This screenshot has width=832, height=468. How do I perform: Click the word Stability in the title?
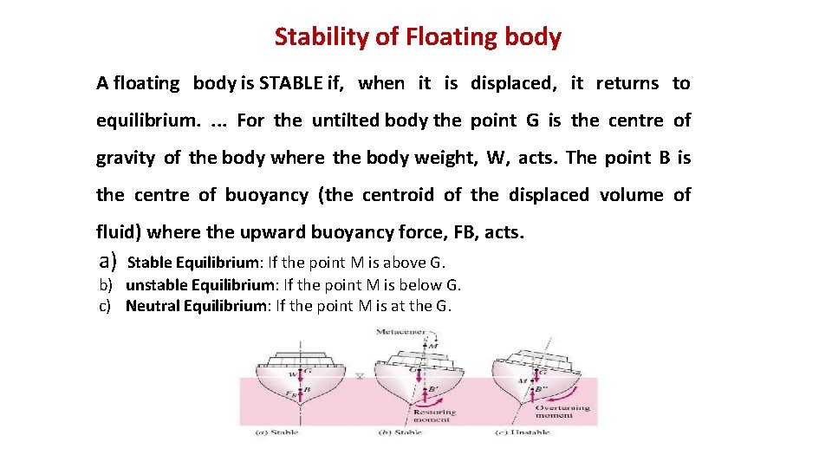(x=314, y=37)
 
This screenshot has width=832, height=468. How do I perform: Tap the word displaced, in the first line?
(x=514, y=83)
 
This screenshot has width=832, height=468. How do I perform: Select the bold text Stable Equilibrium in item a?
(x=192, y=263)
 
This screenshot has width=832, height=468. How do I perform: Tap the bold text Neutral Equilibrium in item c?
(x=196, y=305)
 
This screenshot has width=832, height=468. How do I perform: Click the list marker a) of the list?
(x=107, y=261)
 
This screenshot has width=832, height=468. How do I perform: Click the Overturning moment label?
(x=562, y=411)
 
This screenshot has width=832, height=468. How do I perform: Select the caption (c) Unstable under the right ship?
(x=522, y=432)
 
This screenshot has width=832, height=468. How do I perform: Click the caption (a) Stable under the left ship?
(x=277, y=432)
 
